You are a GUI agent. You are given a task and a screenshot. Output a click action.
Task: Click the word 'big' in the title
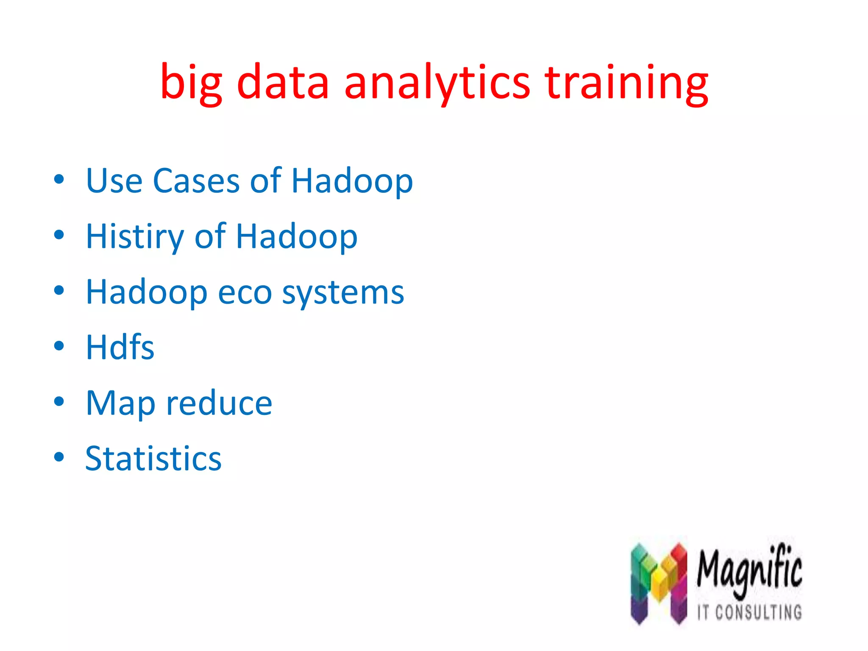pos(191,83)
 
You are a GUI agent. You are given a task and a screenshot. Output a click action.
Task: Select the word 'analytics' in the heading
pos(437,83)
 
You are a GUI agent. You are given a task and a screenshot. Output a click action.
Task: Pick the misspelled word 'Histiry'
pos(135,236)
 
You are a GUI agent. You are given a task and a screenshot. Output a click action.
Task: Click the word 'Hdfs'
pos(120,348)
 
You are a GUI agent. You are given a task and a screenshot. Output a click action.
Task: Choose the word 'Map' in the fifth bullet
pos(120,403)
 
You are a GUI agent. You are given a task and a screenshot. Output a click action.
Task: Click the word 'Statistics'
pos(153,459)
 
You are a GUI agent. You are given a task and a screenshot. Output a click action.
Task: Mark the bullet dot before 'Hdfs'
pos(59,346)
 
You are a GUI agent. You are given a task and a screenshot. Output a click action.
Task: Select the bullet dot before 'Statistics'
pos(59,457)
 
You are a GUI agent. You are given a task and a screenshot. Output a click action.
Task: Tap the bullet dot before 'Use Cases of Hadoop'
pos(59,179)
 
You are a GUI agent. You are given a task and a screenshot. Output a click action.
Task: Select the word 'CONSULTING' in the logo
pos(758,612)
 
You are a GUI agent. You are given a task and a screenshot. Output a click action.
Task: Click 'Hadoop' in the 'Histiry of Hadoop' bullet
pos(297,236)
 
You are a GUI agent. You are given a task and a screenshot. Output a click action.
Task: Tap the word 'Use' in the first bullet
pos(114,181)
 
